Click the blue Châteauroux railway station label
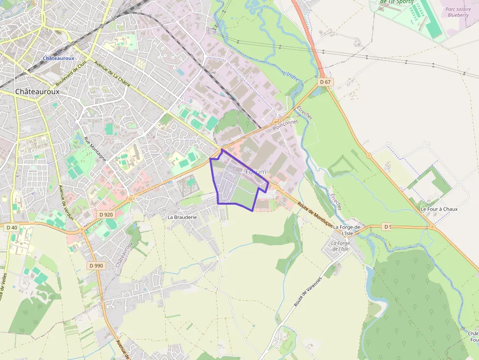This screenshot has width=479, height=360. click(x=59, y=58)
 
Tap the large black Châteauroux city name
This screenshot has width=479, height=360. click(x=37, y=91)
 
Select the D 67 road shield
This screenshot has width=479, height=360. click(x=326, y=82)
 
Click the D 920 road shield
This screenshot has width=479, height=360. click(x=106, y=214)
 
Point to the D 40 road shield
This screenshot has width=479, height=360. click(x=12, y=228)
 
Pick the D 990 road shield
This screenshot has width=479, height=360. click(x=96, y=266)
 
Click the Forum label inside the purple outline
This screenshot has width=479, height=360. click(x=256, y=172)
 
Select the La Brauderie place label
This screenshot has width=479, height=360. click(x=182, y=217)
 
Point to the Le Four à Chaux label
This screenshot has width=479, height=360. click(x=439, y=209)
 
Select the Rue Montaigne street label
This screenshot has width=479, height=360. click(x=95, y=148)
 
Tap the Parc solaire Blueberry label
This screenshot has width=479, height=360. click(x=458, y=12)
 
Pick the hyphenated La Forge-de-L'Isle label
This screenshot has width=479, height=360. click(x=347, y=231)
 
